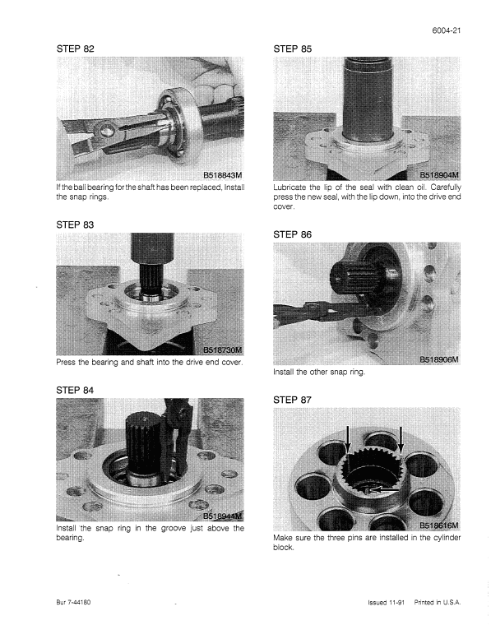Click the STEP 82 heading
(76, 49)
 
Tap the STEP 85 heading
(293, 49)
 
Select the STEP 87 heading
(292, 400)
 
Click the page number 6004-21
(447, 30)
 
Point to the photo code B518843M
(223, 175)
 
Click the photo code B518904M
(439, 175)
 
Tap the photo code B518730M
(223, 350)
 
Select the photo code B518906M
(439, 360)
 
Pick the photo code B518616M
(439, 525)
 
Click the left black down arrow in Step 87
(348, 441)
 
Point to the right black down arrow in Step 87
(401, 441)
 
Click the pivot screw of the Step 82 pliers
(106, 129)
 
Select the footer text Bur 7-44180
(73, 602)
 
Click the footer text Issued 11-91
(386, 602)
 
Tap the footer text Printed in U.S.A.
(438, 602)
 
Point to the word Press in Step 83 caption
(65, 363)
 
